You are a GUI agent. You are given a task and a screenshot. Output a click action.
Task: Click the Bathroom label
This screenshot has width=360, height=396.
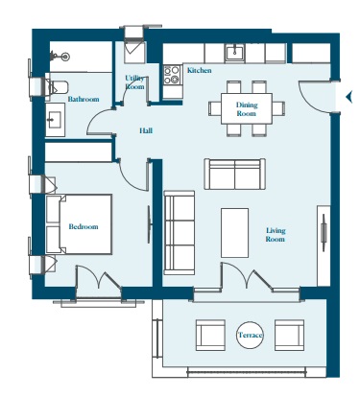tap(84, 99)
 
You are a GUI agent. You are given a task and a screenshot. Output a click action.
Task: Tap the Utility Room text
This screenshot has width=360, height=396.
tap(134, 82)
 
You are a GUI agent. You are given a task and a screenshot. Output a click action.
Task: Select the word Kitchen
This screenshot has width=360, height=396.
tap(199, 70)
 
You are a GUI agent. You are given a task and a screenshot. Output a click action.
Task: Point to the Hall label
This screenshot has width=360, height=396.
tap(146, 130)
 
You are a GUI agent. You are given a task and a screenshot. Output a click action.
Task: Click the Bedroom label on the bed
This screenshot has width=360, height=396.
tap(84, 226)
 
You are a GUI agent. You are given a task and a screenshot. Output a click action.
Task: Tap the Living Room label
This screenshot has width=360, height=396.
tap(276, 235)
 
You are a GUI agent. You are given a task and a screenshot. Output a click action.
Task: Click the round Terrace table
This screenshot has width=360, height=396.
tap(250, 335)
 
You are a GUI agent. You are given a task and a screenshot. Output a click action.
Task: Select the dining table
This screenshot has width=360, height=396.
tap(247, 108)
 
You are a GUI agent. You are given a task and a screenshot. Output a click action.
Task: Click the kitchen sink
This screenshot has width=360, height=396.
tap(235, 52)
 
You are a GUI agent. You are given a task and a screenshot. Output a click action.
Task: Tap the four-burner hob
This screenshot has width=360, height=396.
tap(172, 75)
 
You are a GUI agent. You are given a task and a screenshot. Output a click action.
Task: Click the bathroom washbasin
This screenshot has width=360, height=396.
tap(55, 120)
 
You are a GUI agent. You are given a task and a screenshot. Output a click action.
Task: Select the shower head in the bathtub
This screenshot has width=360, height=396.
tap(60, 57)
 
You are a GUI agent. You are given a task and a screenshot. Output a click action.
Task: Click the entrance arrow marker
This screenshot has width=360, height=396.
tap(348, 96)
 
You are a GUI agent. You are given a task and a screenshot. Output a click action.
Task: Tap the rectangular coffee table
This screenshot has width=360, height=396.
tap(234, 233)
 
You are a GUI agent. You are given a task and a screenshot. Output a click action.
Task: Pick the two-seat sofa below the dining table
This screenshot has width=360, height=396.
tap(235, 174)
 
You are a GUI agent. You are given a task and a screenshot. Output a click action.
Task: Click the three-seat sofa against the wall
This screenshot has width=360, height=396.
tap(180, 233)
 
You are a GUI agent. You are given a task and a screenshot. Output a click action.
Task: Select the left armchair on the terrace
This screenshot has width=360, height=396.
tap(210, 335)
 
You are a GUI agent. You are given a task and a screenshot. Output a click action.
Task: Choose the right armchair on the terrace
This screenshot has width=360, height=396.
tap(289, 335)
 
